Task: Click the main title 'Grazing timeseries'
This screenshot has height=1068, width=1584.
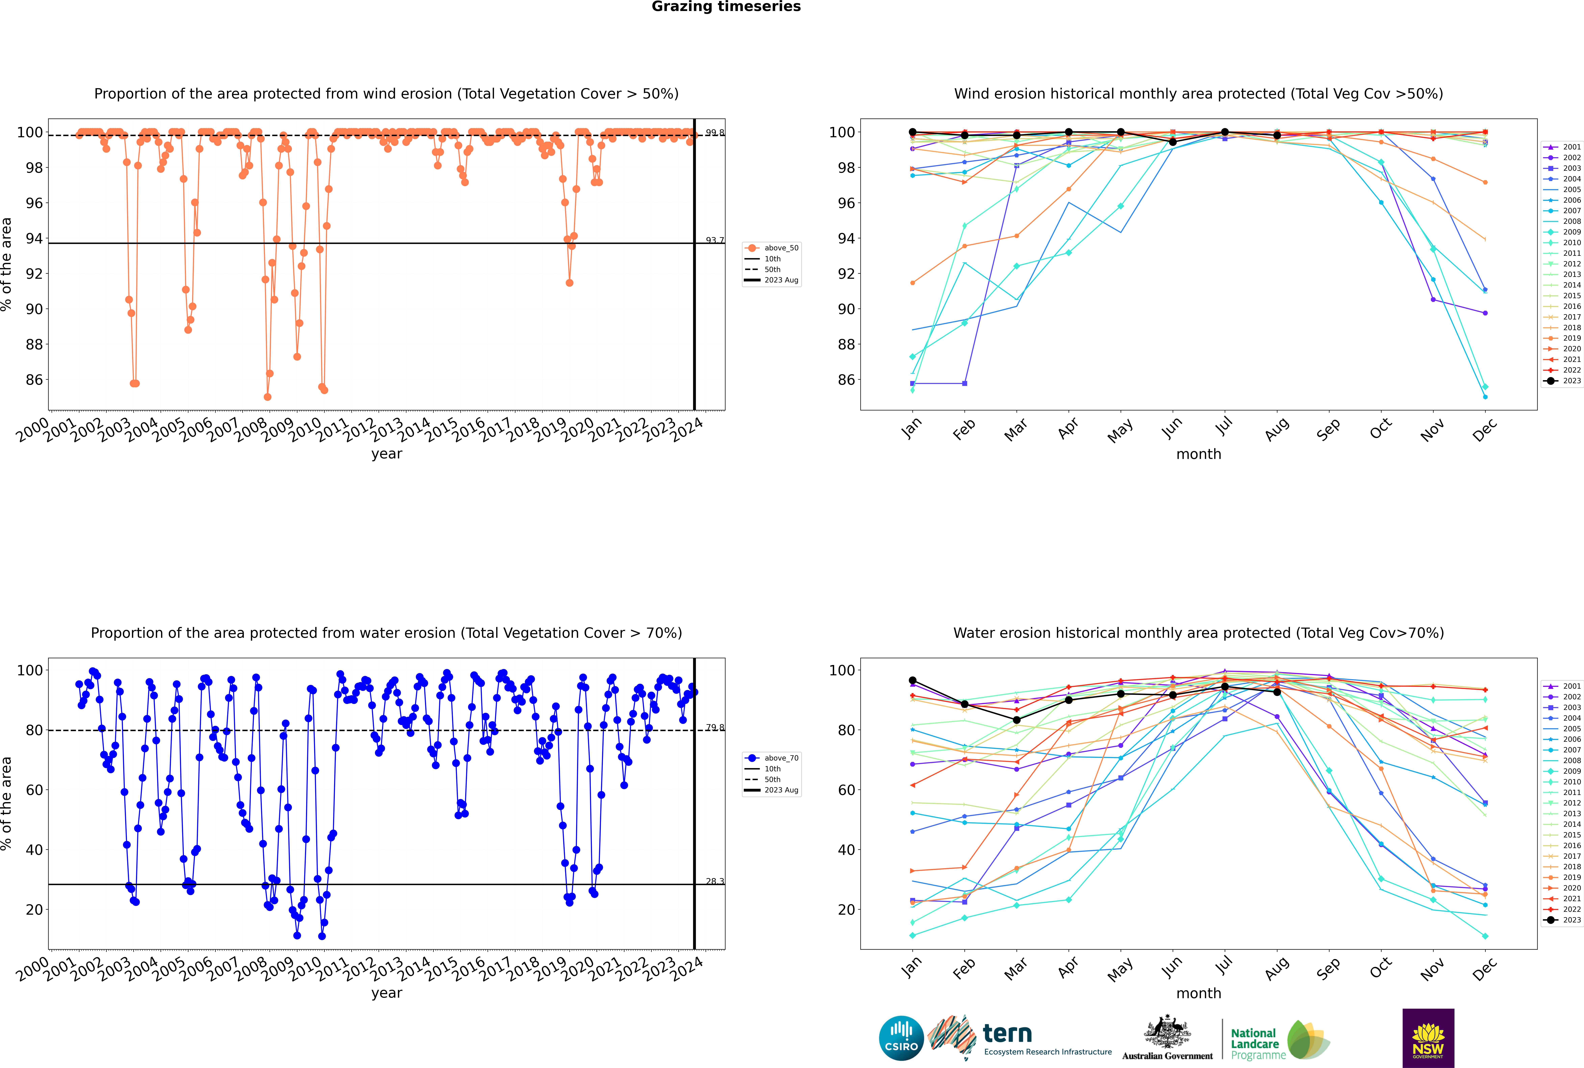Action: (x=726, y=7)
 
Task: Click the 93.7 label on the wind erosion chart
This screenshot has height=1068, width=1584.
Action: (x=714, y=240)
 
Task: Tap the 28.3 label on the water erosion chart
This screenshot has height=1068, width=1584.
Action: (x=714, y=881)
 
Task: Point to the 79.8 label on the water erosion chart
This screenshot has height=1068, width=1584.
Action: (x=714, y=727)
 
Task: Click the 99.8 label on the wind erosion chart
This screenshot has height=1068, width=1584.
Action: (x=714, y=133)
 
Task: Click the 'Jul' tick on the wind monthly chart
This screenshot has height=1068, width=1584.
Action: (x=1224, y=427)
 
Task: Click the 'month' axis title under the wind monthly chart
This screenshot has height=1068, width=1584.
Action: (x=1199, y=454)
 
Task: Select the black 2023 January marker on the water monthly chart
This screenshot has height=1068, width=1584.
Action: (x=913, y=680)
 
